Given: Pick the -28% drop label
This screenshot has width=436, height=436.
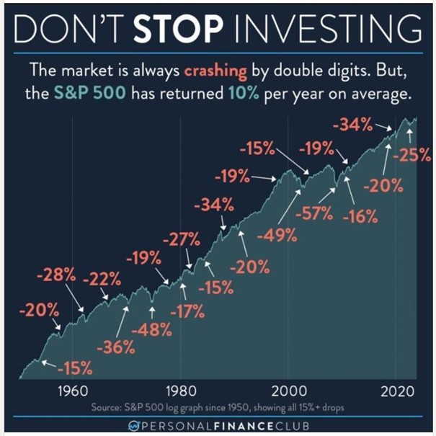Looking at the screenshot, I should click(55, 275).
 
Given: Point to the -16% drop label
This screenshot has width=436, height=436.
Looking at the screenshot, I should click(357, 216).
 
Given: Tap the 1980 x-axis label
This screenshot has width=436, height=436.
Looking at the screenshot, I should click(179, 392).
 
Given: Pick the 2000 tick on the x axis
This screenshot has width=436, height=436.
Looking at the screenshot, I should click(288, 392).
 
